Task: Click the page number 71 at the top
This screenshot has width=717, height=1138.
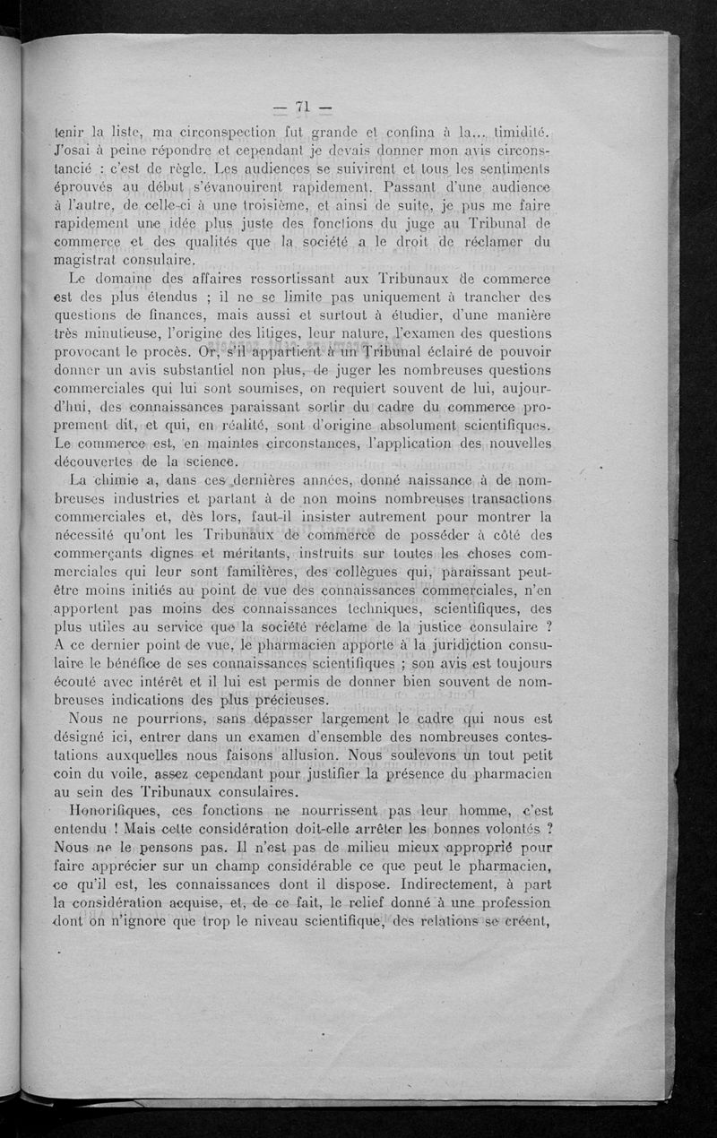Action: (x=301, y=107)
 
